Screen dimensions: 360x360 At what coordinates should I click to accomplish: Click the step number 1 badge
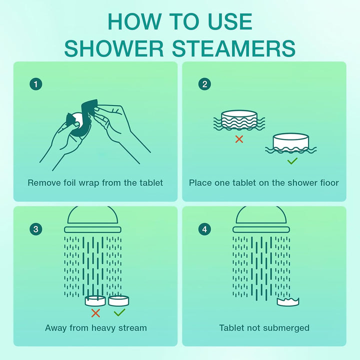click(x=35, y=84)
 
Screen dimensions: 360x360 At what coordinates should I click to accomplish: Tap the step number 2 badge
click(x=204, y=84)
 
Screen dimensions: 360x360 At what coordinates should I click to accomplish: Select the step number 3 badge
click(x=35, y=229)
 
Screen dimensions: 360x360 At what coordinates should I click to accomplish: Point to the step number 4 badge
click(x=204, y=229)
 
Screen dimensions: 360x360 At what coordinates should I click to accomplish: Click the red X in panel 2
click(x=239, y=139)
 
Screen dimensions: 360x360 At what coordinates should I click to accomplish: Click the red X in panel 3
click(x=95, y=313)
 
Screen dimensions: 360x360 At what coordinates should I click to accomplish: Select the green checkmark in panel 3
click(x=119, y=313)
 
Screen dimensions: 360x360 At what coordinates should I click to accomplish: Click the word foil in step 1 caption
click(x=69, y=182)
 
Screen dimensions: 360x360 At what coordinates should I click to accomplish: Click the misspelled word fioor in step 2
click(x=328, y=182)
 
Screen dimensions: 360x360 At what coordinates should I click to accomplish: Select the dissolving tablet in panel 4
click(x=288, y=301)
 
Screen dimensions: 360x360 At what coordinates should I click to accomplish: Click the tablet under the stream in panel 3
click(x=95, y=300)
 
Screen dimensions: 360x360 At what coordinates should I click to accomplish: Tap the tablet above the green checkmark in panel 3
click(x=119, y=300)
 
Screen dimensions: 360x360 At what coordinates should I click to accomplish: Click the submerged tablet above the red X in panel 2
click(x=238, y=120)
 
